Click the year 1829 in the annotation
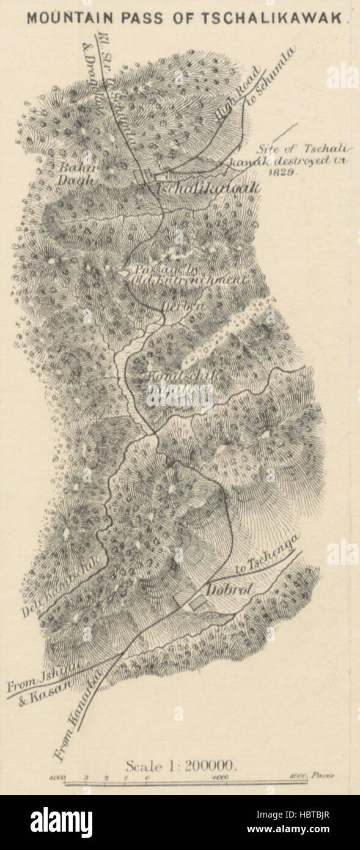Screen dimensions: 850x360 pyautogui.click(x=281, y=173)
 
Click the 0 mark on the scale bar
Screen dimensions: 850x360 pyautogui.click(x=147, y=777)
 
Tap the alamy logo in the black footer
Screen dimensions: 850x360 pyautogui.click(x=61, y=822)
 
